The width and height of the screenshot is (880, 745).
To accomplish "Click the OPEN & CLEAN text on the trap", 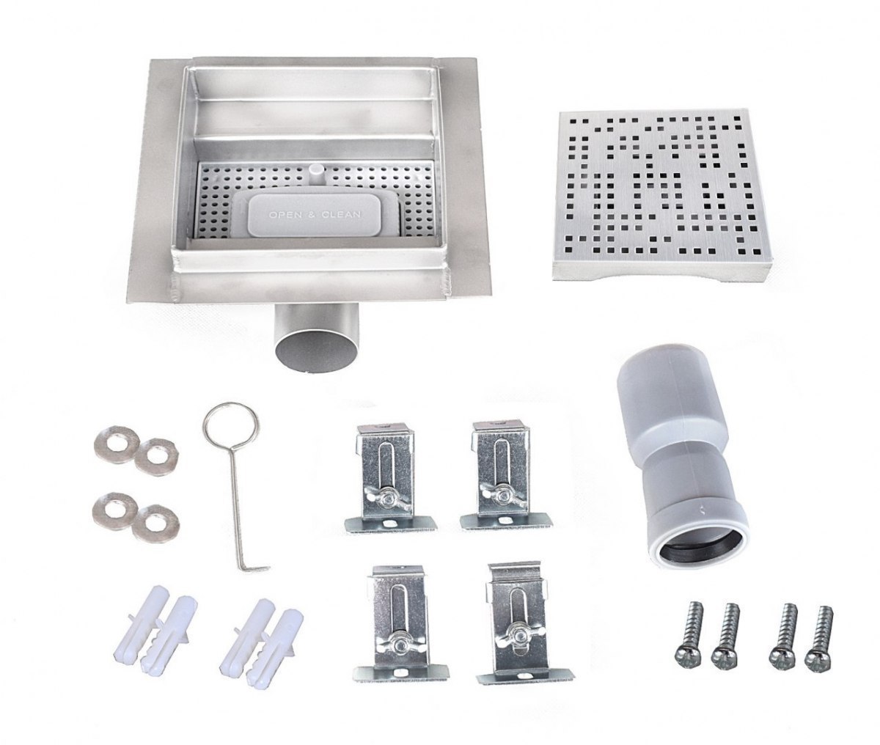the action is coord(315,215).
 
